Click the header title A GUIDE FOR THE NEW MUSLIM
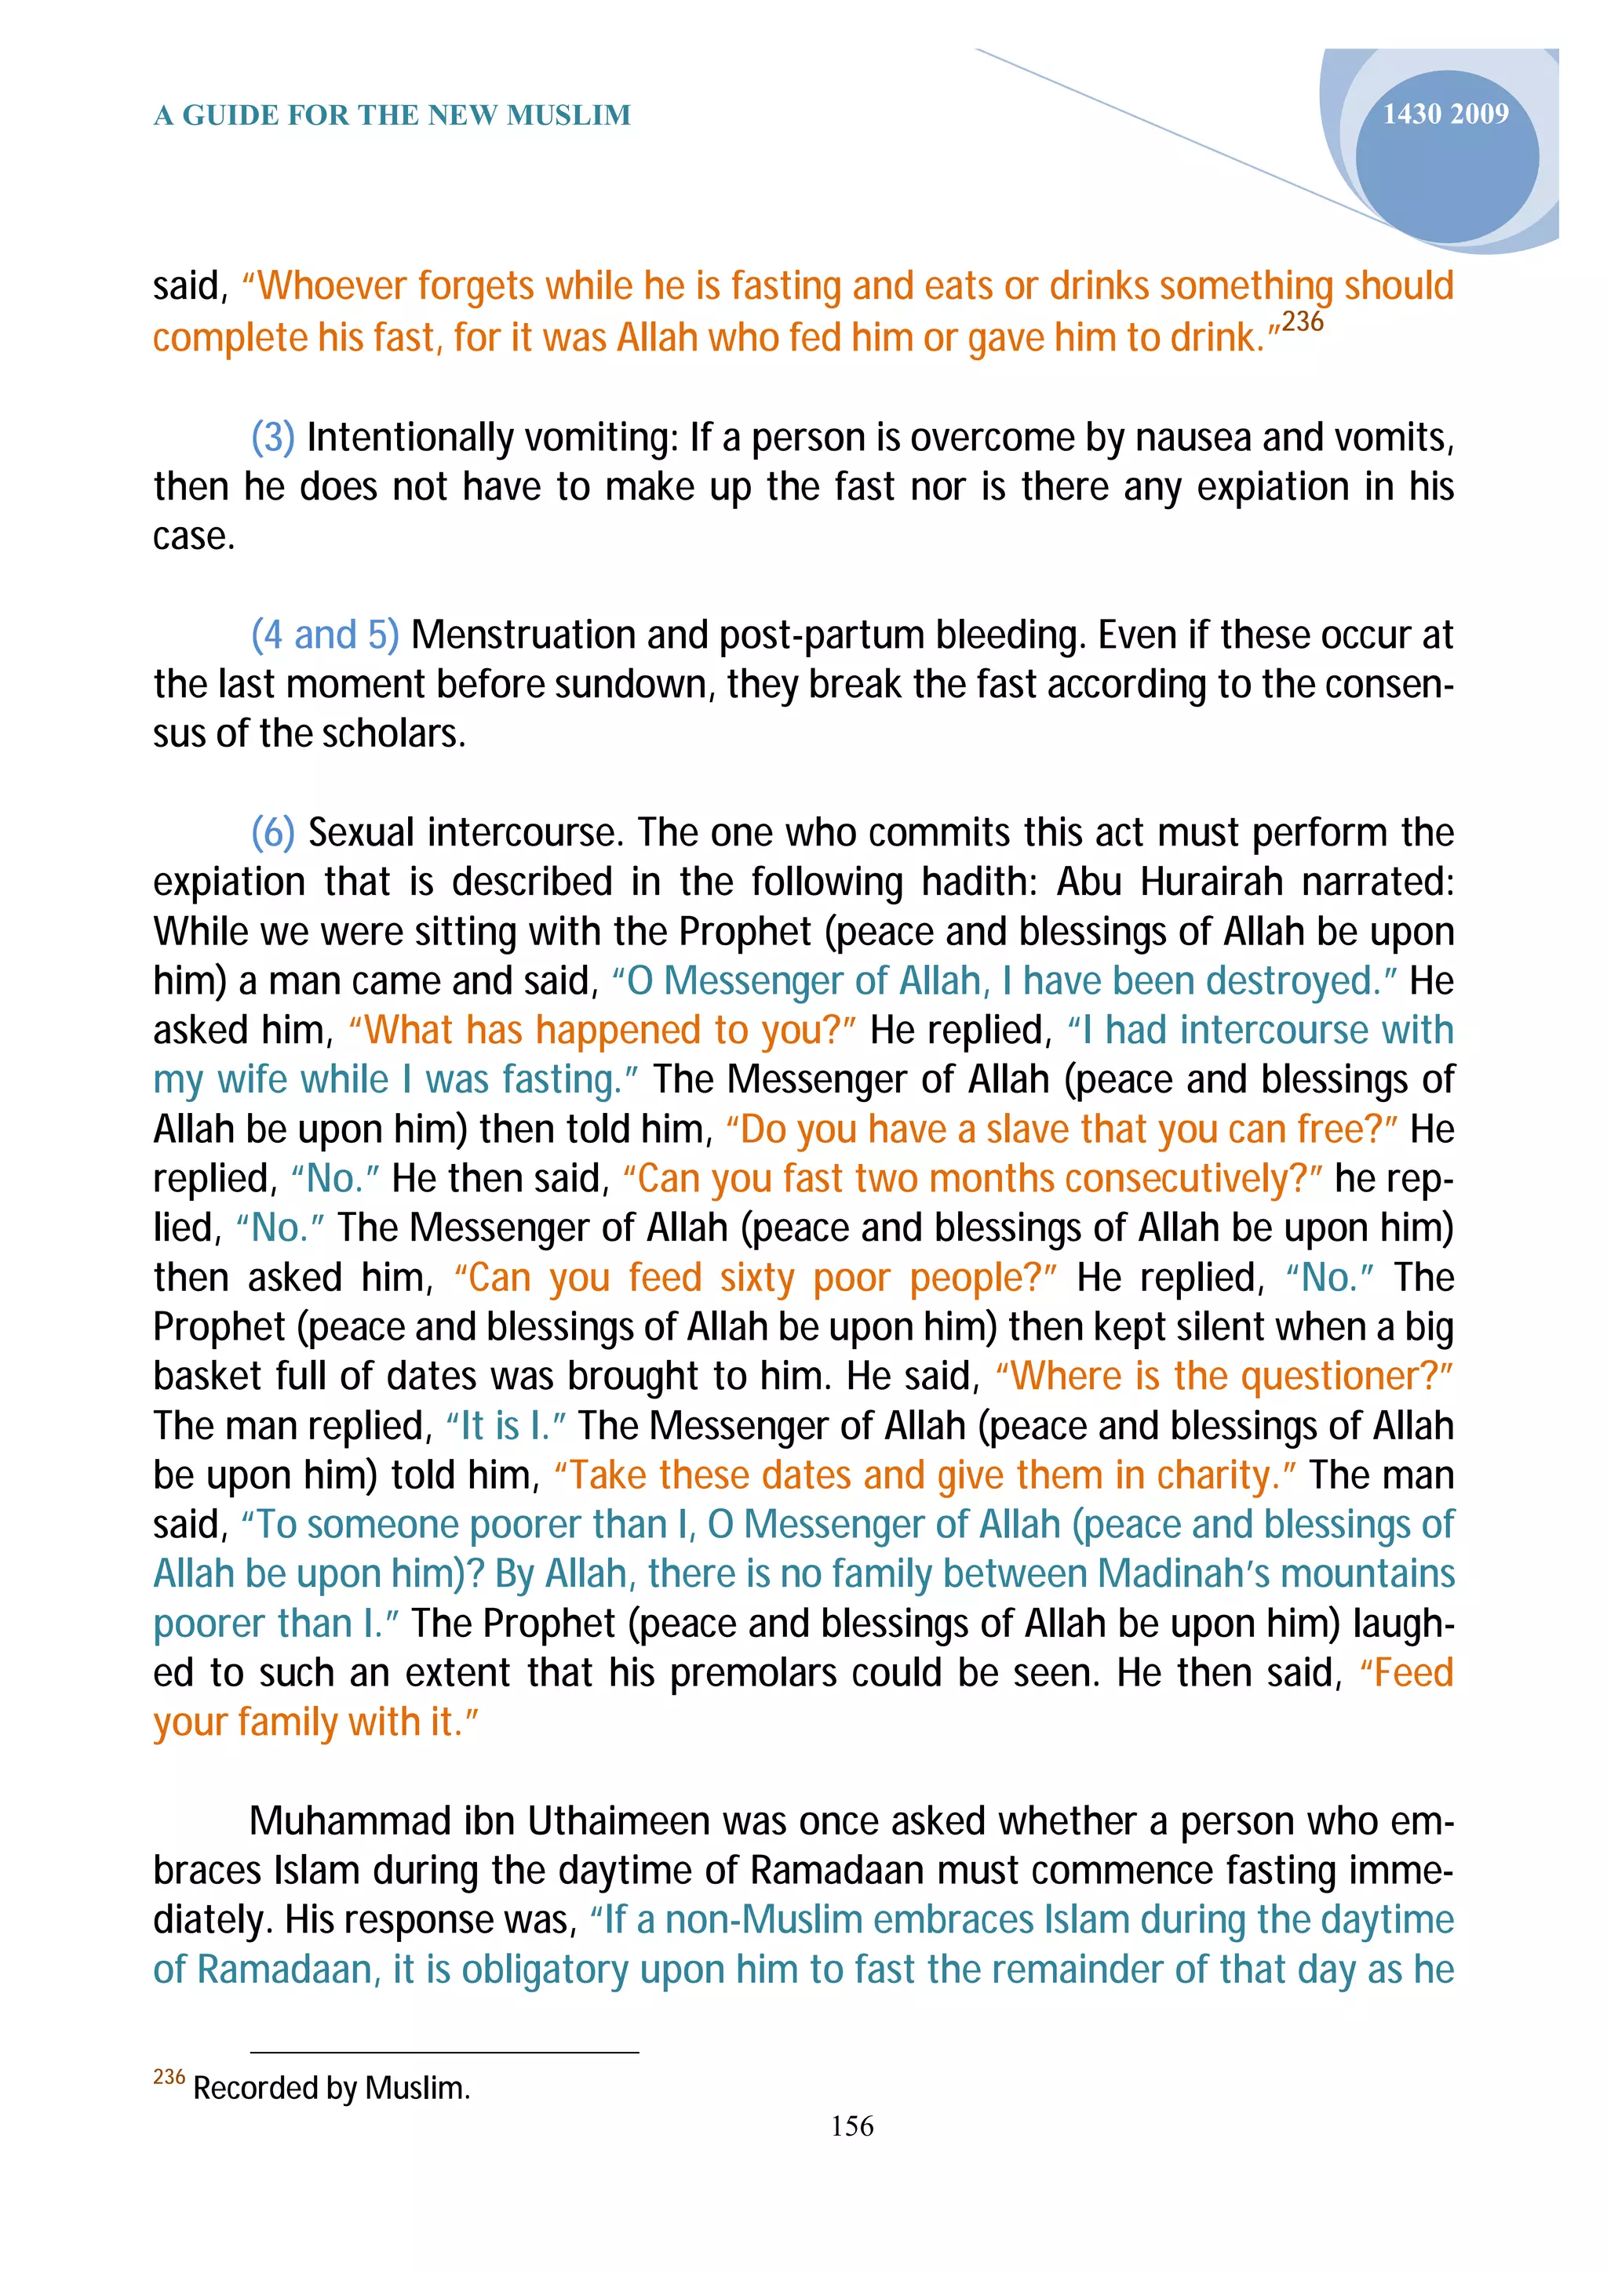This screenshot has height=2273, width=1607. click(392, 116)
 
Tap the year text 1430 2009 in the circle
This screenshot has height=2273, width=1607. click(1445, 115)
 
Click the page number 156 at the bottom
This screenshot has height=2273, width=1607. click(851, 2126)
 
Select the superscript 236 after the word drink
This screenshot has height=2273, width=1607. click(1302, 322)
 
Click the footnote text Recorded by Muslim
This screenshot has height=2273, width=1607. click(330, 2088)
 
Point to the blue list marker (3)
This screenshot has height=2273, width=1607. click(273, 438)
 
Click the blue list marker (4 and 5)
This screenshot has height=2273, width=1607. click(325, 635)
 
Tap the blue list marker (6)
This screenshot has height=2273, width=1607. click(273, 833)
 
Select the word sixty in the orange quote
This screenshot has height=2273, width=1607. click(756, 1278)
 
